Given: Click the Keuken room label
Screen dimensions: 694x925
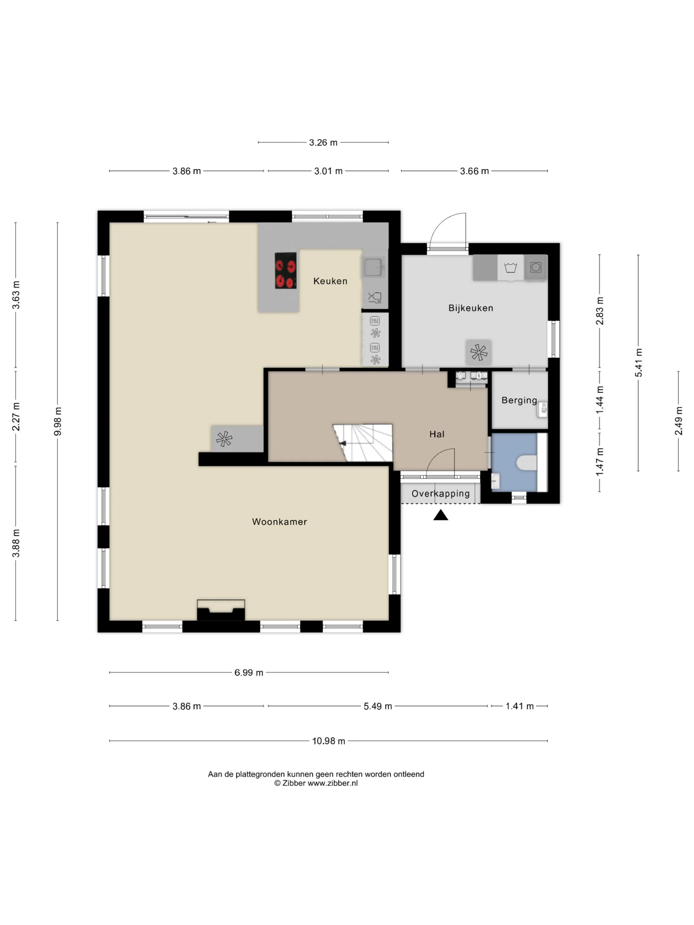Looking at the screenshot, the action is click(x=330, y=281).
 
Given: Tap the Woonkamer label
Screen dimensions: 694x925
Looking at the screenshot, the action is click(x=279, y=521).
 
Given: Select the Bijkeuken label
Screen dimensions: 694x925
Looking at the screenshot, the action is click(x=471, y=308).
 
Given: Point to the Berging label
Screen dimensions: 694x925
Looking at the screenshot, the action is click(x=519, y=400).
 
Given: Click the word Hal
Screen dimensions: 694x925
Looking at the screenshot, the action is click(x=437, y=434).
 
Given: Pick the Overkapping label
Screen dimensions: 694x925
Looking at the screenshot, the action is click(x=441, y=494).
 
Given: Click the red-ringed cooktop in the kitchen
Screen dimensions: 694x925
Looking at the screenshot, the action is click(x=286, y=271).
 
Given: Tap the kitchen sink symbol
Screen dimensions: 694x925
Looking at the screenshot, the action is click(x=373, y=267).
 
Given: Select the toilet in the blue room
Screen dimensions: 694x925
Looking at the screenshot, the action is click(x=527, y=462).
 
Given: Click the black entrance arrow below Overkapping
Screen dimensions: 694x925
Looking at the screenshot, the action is click(x=441, y=515).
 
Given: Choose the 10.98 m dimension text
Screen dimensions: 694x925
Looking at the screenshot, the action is click(x=328, y=741).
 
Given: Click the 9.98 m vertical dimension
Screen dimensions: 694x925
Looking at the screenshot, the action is click(x=58, y=422).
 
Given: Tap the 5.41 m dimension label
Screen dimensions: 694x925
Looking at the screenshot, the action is click(x=638, y=362).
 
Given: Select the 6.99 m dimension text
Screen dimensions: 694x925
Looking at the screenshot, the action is click(x=248, y=672).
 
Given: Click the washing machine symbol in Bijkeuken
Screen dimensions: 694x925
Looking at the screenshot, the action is click(x=535, y=267).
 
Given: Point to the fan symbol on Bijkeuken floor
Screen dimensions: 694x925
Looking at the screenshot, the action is click(x=479, y=352).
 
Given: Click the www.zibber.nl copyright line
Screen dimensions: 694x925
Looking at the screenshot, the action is click(x=316, y=783).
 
